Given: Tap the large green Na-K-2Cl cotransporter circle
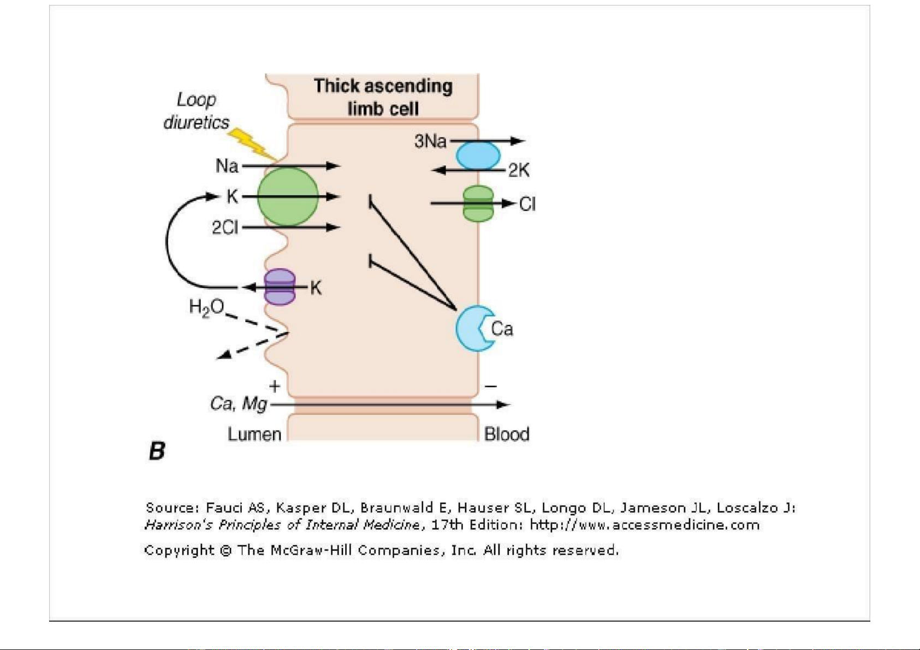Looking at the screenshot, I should [x=287, y=196].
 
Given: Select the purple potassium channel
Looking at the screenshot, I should [x=280, y=287].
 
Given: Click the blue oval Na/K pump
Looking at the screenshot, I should [x=478, y=156].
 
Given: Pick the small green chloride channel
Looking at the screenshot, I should [x=478, y=204].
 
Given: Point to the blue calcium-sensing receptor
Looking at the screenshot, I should [x=473, y=329].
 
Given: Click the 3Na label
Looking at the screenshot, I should [x=430, y=141].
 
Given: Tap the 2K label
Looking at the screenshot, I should [x=519, y=171].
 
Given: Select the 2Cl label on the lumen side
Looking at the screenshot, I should [x=225, y=227].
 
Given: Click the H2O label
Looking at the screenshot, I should [x=206, y=308].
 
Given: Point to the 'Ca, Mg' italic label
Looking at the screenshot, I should [x=239, y=404].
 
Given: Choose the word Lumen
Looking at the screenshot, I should [x=254, y=434].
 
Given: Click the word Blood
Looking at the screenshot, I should [x=507, y=434].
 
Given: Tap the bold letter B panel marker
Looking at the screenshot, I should [x=157, y=452].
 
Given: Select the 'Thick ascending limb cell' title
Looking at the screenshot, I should [x=383, y=97].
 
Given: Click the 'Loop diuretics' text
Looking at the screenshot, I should [x=197, y=111].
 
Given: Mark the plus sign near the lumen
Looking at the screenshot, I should [x=275, y=386].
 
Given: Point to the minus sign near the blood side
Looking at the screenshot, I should [x=491, y=386].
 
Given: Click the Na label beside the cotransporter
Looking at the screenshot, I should [x=227, y=165].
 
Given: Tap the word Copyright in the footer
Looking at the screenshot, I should [x=179, y=550].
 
